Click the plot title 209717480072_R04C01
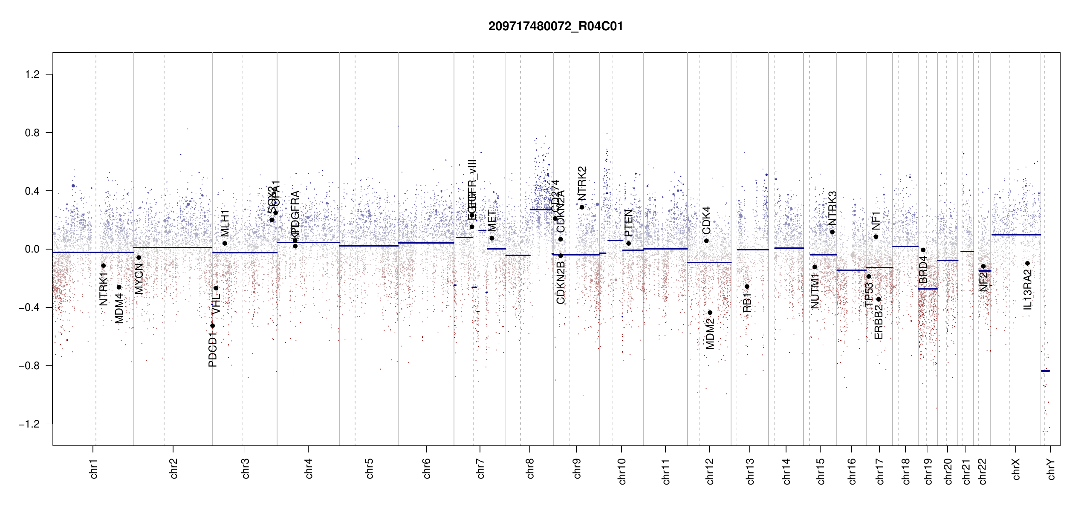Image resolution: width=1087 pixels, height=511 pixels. pyautogui.click(x=555, y=26)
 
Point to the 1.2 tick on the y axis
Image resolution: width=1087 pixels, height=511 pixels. pyautogui.click(x=32, y=75)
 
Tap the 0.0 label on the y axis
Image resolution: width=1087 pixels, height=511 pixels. pyautogui.click(x=32, y=249)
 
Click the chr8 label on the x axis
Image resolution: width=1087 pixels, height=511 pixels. pyautogui.click(x=530, y=468)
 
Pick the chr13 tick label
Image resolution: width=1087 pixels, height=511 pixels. pyautogui.click(x=750, y=471)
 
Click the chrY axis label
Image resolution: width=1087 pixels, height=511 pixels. pyautogui.click(x=1051, y=469)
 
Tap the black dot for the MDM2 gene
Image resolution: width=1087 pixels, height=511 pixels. pyautogui.click(x=710, y=313)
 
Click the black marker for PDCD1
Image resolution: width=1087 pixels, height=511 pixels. pyautogui.click(x=213, y=326)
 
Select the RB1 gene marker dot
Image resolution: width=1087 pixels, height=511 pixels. pyautogui.click(x=747, y=287)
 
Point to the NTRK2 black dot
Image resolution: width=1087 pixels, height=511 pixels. pyautogui.click(x=582, y=207)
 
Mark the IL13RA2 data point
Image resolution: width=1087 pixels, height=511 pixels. pyautogui.click(x=1028, y=263)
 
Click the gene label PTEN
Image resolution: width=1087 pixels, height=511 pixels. pyautogui.click(x=628, y=223)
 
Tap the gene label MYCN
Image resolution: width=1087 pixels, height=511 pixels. pyautogui.click(x=139, y=278)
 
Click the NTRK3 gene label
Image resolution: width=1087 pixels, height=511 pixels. pyautogui.click(x=833, y=208)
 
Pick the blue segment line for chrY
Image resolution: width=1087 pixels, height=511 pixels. pyautogui.click(x=1045, y=371)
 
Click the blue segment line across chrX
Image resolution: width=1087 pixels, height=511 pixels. pyautogui.click(x=1016, y=235)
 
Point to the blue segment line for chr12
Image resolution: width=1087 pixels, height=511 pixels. pyautogui.click(x=709, y=262)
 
